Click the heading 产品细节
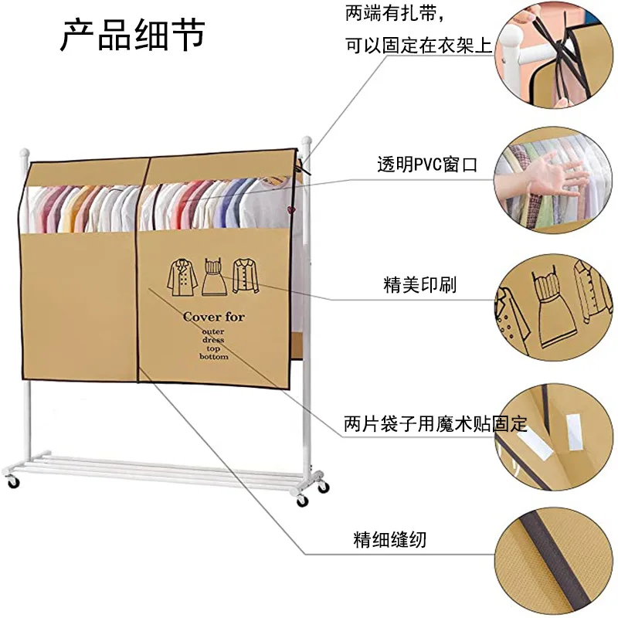(132, 34)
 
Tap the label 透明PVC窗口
(427, 165)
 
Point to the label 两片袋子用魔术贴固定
(435, 424)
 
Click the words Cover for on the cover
(214, 317)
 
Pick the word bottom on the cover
(214, 356)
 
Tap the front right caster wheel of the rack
(301, 501)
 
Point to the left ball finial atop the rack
(23, 144)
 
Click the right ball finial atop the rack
(307, 142)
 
